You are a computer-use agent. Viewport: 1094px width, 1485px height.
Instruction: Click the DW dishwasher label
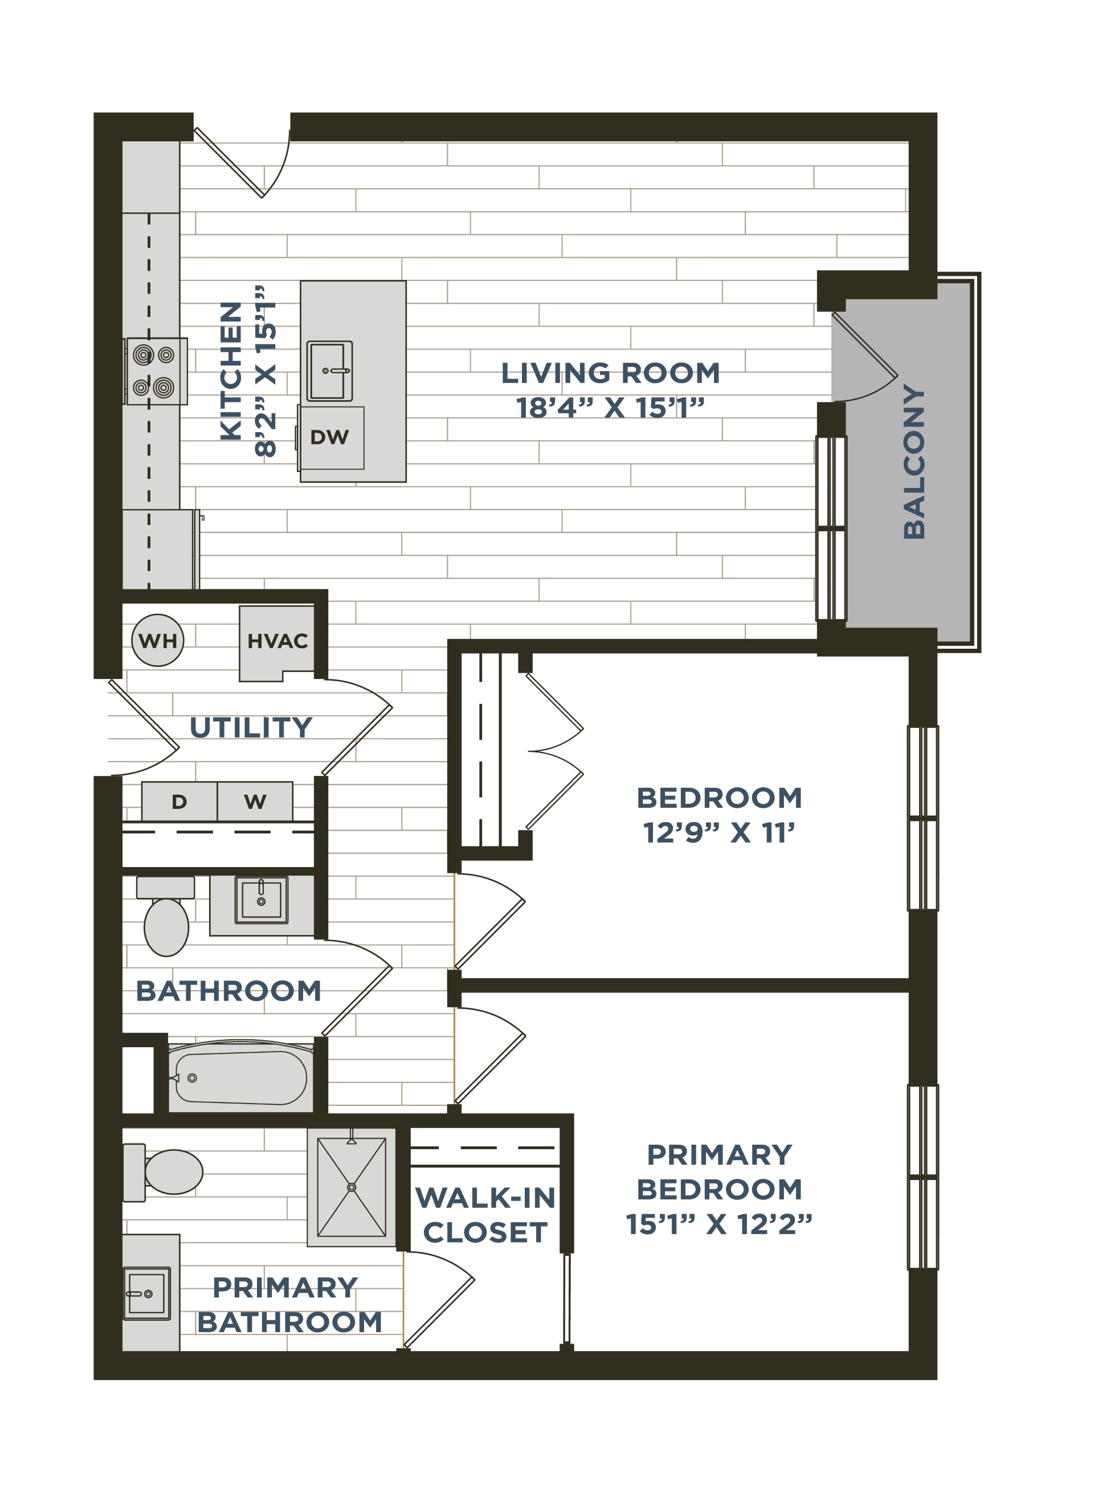(329, 437)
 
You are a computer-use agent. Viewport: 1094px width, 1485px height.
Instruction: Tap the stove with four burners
(156, 372)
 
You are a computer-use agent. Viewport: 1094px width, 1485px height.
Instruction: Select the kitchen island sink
(330, 371)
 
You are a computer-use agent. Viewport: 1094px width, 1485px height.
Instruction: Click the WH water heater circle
(158, 641)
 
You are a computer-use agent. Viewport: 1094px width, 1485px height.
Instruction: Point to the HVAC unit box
(277, 642)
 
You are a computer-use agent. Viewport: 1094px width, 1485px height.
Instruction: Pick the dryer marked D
(179, 802)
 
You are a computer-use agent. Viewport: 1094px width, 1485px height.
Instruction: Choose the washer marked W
(255, 802)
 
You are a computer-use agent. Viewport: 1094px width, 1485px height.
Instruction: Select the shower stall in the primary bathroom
(352, 1187)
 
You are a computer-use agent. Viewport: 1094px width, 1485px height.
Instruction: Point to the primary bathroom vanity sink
(147, 1293)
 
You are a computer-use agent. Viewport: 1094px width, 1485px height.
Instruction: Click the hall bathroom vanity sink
(262, 900)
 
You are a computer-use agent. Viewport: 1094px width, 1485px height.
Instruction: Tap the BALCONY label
(914, 462)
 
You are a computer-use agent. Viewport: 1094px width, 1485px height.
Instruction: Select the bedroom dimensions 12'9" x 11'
(719, 833)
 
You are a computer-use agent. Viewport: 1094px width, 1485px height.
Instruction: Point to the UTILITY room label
(251, 727)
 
